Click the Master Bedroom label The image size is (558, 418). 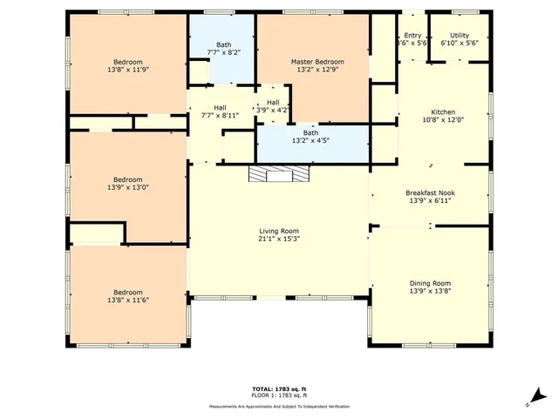[316, 62]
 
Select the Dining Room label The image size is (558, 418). [431, 283]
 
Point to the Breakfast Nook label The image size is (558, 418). [431, 192]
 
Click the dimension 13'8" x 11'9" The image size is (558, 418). [127, 71]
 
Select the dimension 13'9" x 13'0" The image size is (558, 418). [127, 186]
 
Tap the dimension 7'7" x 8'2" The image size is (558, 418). [224, 53]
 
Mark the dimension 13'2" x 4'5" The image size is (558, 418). [310, 141]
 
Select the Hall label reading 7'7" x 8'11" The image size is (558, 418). [220, 115]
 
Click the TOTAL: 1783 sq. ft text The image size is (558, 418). [278, 388]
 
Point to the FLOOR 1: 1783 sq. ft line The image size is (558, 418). [278, 396]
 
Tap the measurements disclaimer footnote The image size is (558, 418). [278, 407]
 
